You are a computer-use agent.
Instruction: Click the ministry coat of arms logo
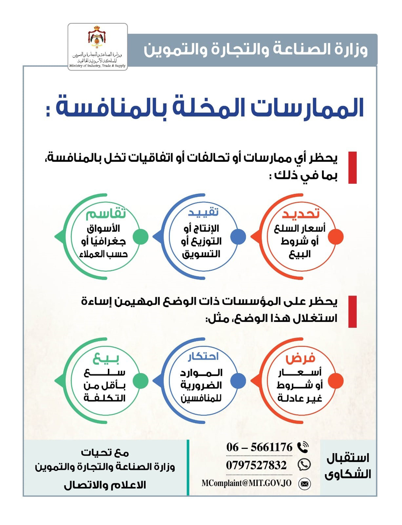(x=97, y=37)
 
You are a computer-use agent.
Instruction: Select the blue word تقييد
(x=203, y=212)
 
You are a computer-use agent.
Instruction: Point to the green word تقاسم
(x=106, y=213)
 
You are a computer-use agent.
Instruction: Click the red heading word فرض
(x=300, y=358)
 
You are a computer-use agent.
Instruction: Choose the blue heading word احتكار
(x=203, y=357)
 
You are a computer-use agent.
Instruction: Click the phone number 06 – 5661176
(x=259, y=447)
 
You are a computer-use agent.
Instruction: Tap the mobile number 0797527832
(x=256, y=465)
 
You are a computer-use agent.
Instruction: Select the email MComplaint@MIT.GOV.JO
(x=247, y=483)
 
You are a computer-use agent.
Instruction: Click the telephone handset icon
(x=303, y=447)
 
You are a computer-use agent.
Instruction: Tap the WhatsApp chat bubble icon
(x=304, y=465)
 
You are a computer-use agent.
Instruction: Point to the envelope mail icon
(x=305, y=484)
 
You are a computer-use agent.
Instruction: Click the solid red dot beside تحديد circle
(x=336, y=237)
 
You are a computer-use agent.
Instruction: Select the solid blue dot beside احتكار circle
(x=238, y=381)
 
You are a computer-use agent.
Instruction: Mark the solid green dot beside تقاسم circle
(x=140, y=237)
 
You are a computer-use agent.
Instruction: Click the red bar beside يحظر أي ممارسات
(x=352, y=167)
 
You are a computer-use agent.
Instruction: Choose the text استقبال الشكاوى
(x=348, y=466)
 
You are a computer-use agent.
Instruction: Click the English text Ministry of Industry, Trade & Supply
(x=97, y=66)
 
